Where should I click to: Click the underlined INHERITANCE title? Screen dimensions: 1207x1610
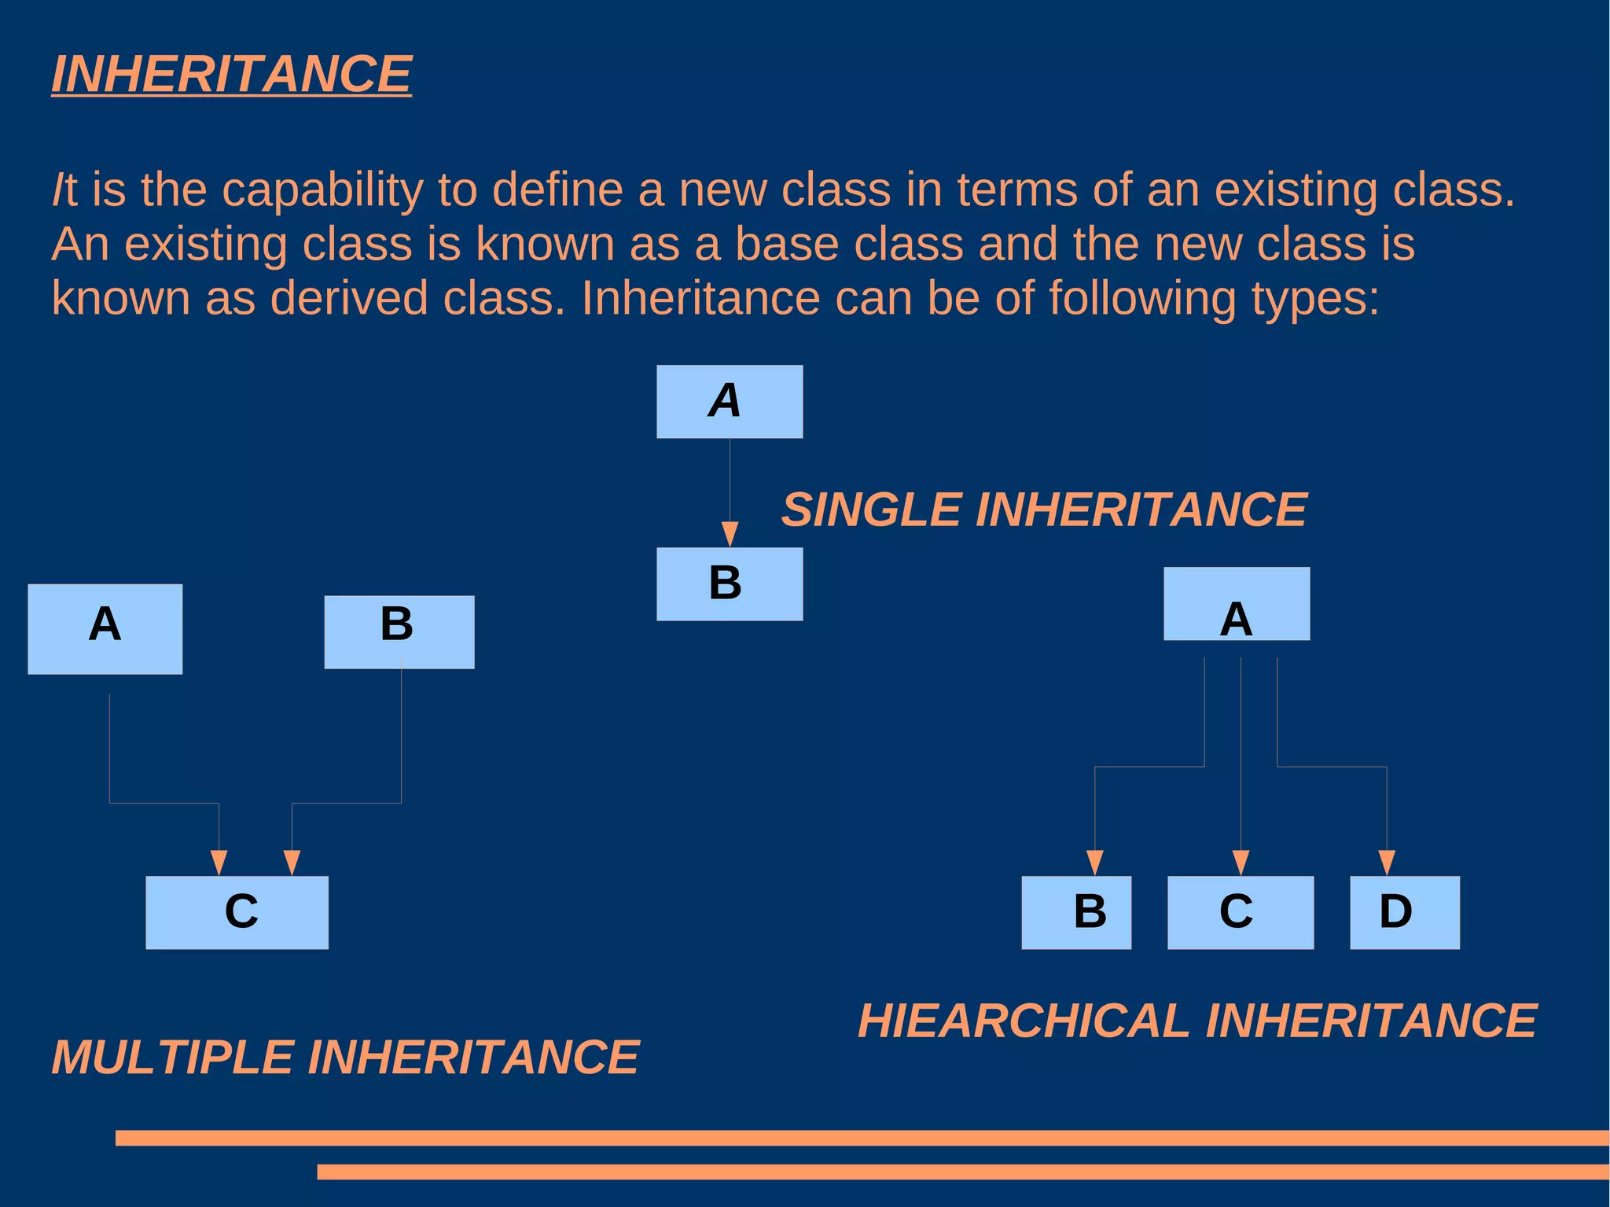point(231,75)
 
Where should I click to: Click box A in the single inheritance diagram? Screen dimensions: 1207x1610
point(730,401)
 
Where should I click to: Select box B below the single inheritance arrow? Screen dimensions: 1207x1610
point(730,584)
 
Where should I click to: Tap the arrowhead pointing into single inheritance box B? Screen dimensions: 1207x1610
point(730,534)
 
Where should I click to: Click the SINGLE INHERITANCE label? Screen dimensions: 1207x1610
point(1044,510)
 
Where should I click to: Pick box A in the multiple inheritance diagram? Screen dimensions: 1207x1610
point(105,628)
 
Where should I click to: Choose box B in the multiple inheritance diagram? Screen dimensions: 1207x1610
point(399,631)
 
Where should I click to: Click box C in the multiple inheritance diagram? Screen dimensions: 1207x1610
point(237,912)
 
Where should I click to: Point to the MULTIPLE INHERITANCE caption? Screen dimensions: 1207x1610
point(345,1056)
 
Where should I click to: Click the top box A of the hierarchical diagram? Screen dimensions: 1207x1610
point(1237,603)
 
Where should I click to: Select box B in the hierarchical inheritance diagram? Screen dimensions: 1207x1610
point(1076,912)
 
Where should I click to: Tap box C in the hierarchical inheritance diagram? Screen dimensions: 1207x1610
point(1240,912)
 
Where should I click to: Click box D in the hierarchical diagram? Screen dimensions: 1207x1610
point(1404,912)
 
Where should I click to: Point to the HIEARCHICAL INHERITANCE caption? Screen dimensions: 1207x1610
point(1196,1021)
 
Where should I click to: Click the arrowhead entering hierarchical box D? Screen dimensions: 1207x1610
point(1387,863)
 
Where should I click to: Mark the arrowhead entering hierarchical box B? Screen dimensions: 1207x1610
point(1094,863)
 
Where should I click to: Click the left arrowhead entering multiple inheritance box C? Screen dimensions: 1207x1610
point(219,863)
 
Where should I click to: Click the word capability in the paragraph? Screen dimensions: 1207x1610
point(322,190)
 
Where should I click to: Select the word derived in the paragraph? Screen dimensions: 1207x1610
point(349,298)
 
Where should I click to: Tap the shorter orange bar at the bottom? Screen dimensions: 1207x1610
point(962,1172)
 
